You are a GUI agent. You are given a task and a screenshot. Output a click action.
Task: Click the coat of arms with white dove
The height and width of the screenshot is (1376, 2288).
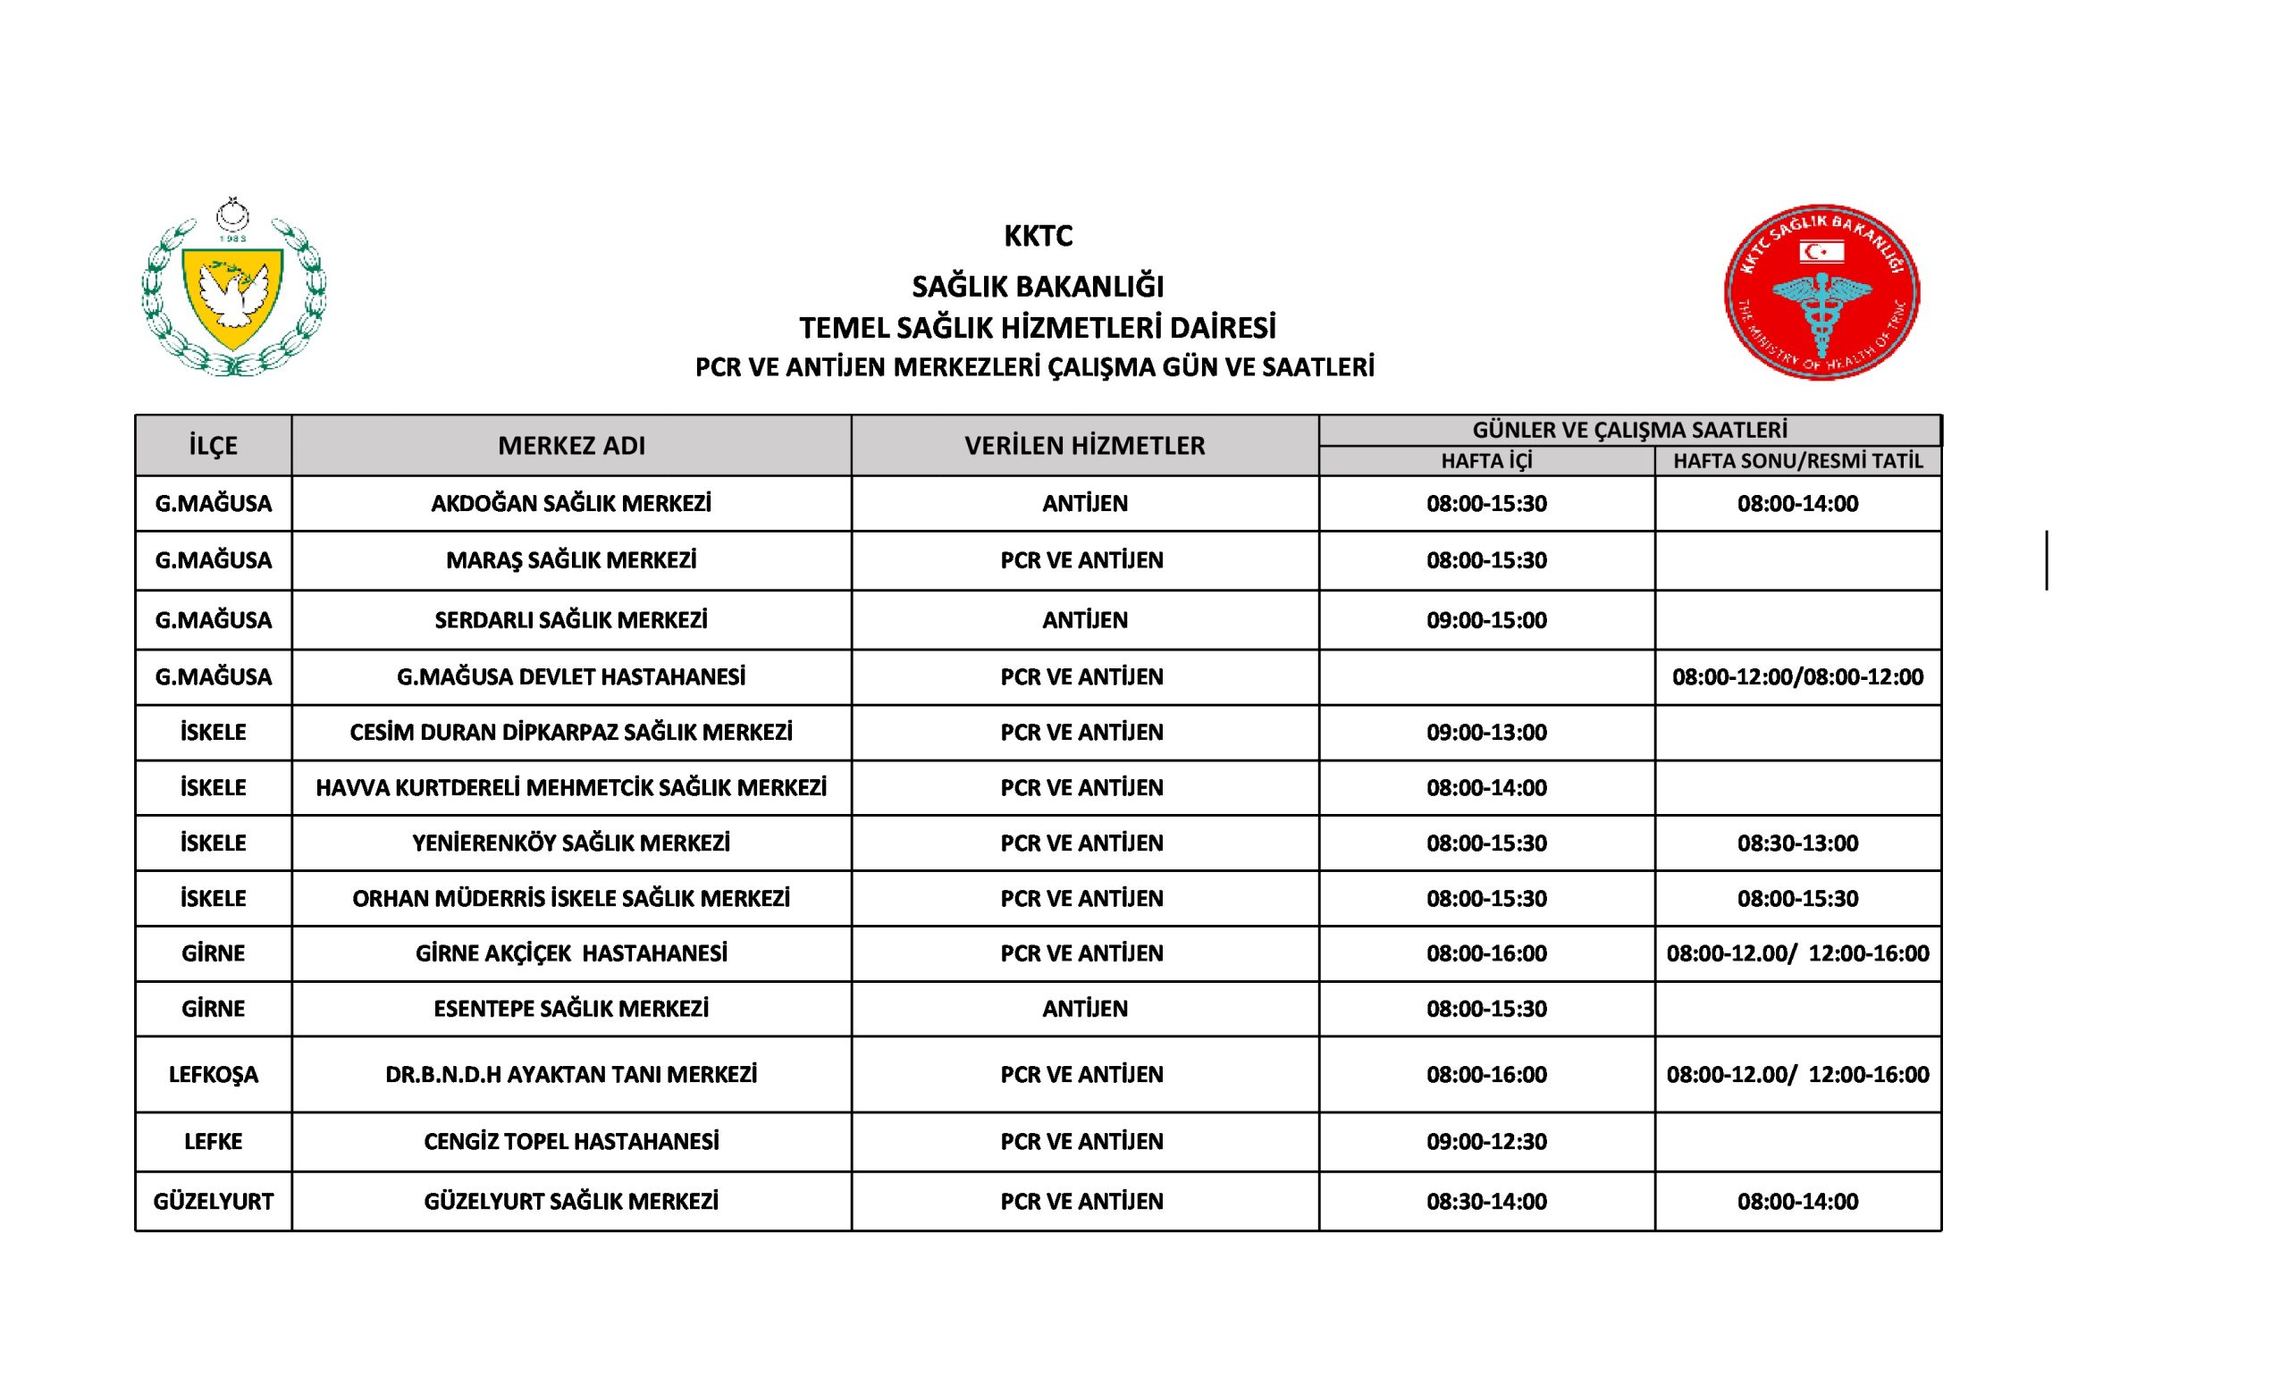click(x=232, y=288)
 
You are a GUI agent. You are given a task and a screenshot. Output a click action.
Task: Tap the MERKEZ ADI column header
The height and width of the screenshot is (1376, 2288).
click(x=571, y=445)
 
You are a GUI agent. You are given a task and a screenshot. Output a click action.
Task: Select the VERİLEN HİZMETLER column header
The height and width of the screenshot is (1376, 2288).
click(x=1084, y=445)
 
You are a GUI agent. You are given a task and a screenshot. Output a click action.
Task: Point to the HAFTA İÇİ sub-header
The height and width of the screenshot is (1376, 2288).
click(x=1485, y=461)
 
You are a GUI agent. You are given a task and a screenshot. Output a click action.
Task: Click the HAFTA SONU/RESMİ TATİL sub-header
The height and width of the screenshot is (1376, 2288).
click(x=1797, y=461)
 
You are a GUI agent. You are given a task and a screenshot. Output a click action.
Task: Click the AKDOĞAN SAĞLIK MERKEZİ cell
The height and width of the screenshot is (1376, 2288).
click(x=571, y=503)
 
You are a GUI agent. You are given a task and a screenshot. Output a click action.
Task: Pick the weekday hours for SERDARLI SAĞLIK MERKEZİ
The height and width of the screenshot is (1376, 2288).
click(x=1485, y=619)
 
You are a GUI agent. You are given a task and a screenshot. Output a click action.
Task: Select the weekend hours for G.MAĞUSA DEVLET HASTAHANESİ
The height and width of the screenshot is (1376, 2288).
click(x=1797, y=677)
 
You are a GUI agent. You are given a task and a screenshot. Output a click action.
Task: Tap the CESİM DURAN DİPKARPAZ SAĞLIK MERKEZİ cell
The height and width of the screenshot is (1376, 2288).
click(x=571, y=733)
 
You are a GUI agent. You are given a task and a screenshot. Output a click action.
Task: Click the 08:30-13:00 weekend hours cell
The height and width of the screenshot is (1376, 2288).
click(x=1797, y=843)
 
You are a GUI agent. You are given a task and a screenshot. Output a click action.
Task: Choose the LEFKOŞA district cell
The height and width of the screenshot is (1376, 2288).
click(x=214, y=1075)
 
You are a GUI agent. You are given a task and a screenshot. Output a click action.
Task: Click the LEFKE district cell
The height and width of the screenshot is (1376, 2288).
click(x=214, y=1141)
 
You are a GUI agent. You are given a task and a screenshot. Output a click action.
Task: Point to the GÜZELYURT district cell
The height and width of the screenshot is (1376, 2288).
click(x=214, y=1202)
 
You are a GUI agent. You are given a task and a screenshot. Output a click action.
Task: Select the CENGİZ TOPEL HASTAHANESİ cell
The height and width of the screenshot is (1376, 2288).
click(x=571, y=1141)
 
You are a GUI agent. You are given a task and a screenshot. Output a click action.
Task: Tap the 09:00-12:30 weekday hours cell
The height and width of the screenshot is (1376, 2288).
click(x=1485, y=1141)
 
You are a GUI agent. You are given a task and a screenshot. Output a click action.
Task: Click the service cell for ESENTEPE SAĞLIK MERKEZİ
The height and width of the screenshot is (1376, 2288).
click(x=1084, y=1009)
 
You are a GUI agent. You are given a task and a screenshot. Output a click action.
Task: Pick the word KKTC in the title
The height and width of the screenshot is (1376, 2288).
click(x=1038, y=237)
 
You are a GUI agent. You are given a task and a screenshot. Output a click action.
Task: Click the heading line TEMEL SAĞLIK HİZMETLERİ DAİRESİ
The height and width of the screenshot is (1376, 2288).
click(x=1038, y=328)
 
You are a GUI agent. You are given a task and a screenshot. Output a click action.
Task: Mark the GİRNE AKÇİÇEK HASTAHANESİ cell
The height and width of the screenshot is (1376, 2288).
click(x=571, y=953)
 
